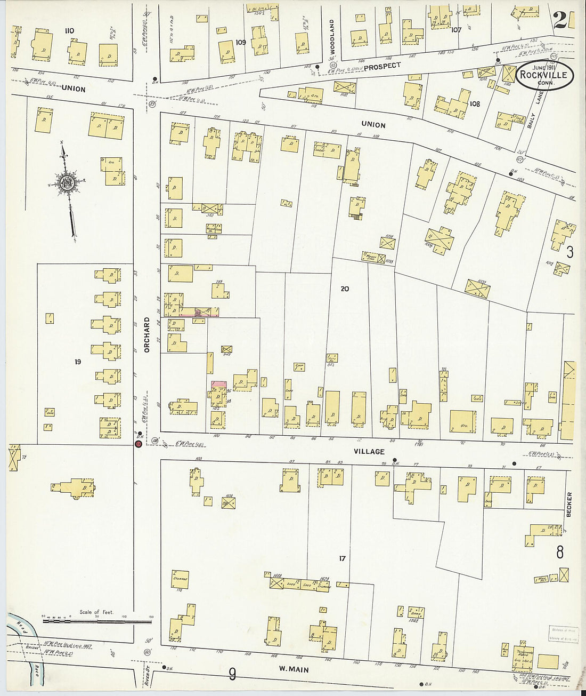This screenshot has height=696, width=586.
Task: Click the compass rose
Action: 68,183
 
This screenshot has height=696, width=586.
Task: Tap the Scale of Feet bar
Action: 96,621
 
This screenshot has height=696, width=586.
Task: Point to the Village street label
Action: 369,452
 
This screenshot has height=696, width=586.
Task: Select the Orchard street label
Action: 147,335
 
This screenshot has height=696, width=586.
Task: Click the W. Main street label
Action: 294,669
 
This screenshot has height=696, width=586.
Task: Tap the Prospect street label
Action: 382,66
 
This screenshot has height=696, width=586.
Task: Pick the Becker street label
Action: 569,504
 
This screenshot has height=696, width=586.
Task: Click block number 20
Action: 345,289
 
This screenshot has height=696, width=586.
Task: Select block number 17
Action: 342,558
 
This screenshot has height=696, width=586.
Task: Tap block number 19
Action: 78,362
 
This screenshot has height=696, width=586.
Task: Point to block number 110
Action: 69,31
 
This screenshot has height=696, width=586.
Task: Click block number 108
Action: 474,104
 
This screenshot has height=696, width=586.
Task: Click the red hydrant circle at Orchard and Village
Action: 139,444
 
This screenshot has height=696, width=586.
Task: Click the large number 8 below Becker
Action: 560,553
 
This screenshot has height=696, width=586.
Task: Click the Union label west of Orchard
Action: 74,89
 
